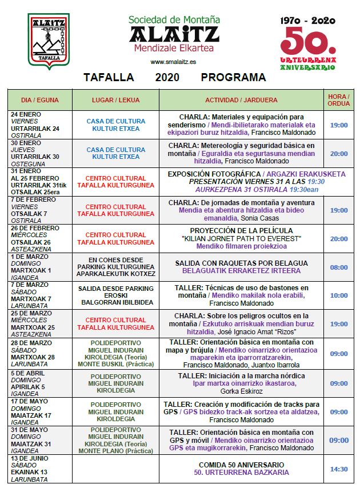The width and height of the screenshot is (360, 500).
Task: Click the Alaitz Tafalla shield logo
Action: coord(49,41)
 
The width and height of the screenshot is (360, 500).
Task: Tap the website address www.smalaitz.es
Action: coord(174,62)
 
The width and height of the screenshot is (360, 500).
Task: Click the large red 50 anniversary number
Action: coord(307,41)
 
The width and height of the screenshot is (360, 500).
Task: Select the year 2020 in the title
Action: coord(167,78)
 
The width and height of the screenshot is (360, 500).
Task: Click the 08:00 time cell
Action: coord(339,267)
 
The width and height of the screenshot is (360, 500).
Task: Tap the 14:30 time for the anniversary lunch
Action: coord(339,469)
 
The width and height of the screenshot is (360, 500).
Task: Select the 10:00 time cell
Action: coord(339,295)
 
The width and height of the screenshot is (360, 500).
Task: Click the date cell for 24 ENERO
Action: coord(40,125)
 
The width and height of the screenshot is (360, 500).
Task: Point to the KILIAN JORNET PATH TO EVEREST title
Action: coord(241,238)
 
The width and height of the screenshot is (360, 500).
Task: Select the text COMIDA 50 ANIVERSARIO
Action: coord(241,465)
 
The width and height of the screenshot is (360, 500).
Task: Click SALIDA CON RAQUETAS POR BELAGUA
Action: coord(241,263)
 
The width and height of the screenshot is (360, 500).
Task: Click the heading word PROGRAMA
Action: coord(233,78)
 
